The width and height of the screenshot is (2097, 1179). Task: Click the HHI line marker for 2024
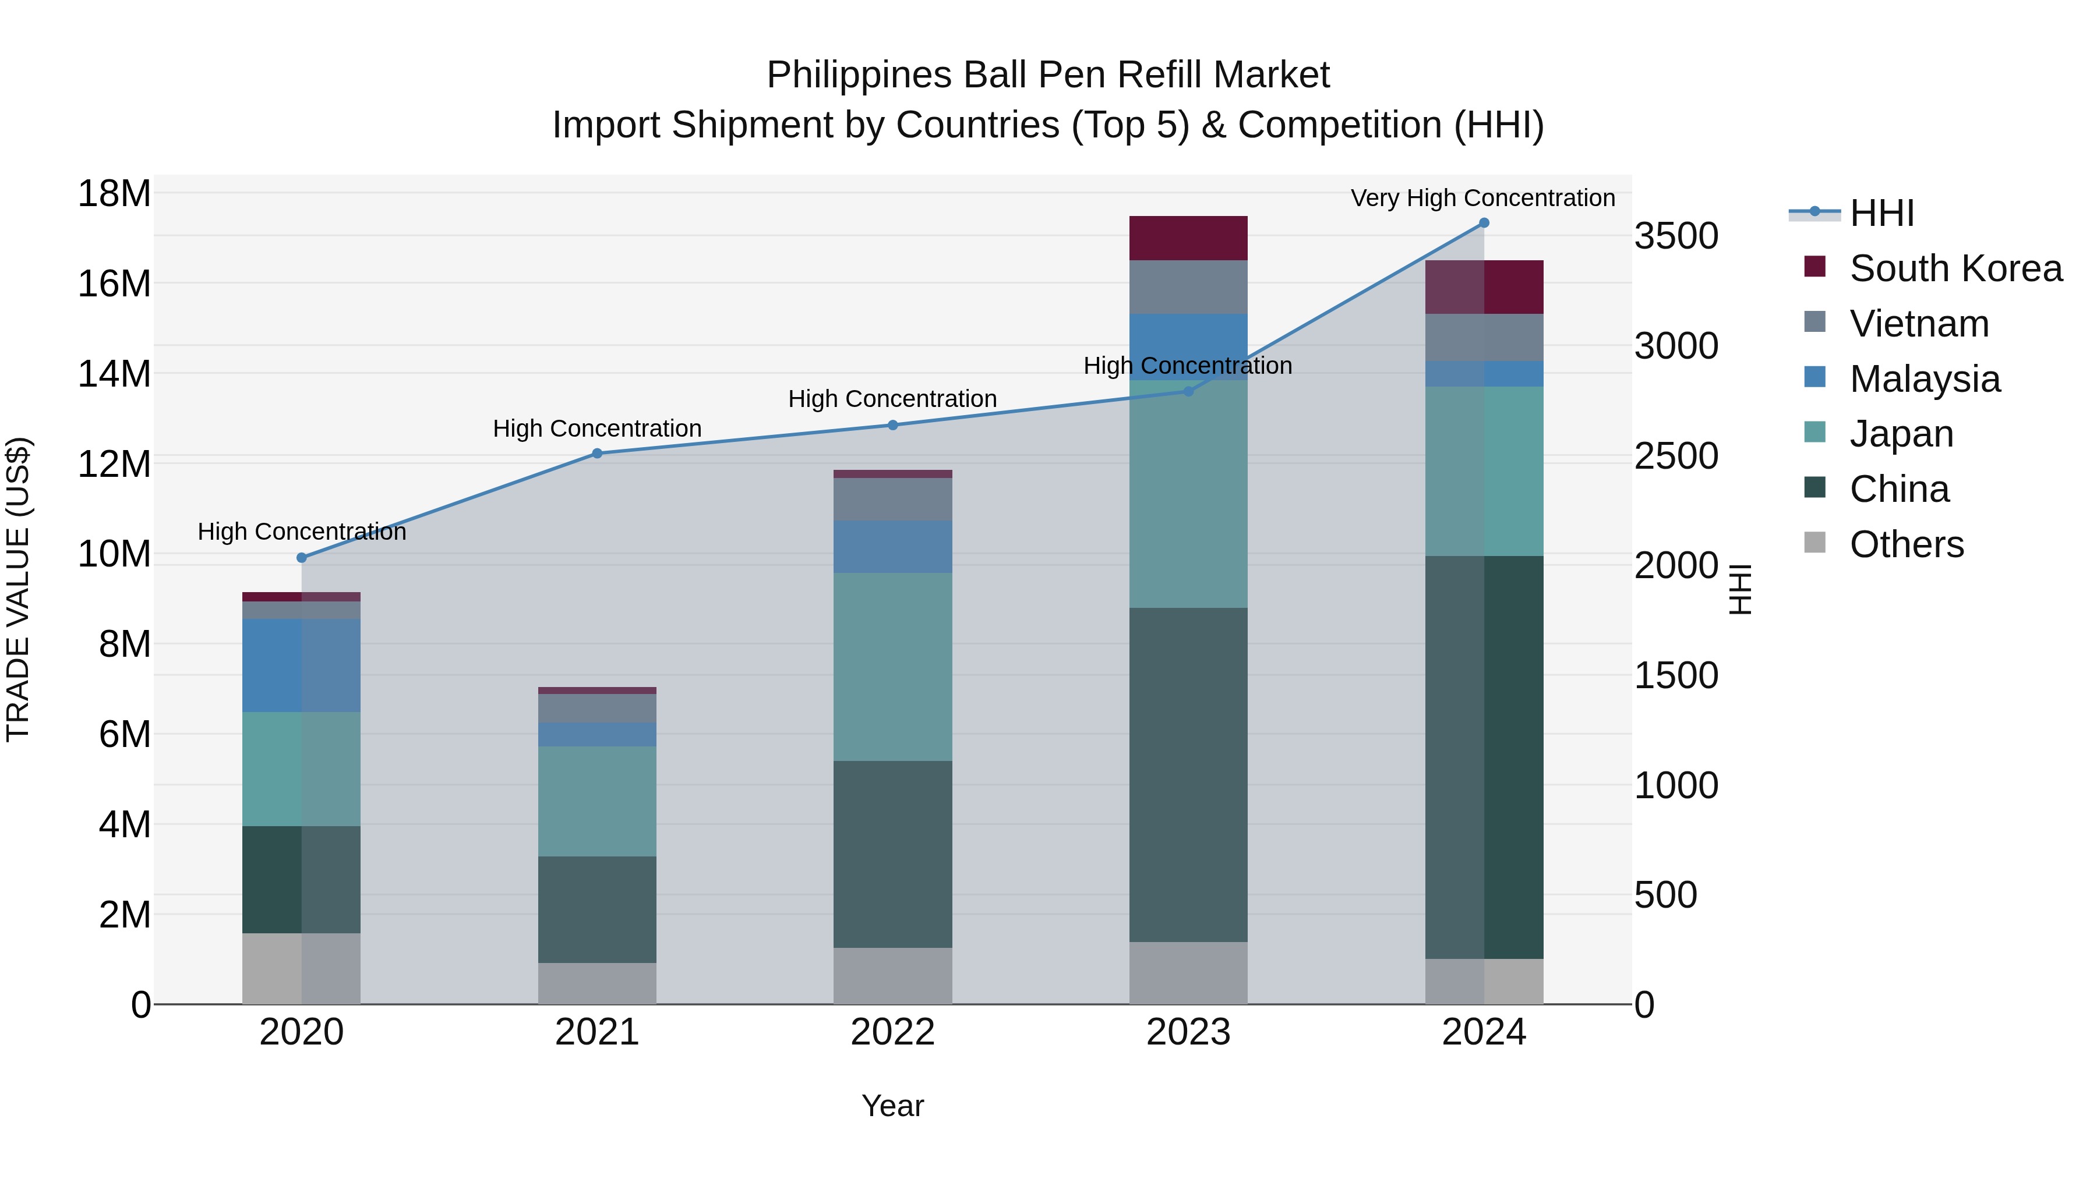click(x=1483, y=223)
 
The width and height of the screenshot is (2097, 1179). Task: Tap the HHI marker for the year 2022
click(x=892, y=425)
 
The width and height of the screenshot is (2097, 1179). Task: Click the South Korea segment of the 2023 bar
click(x=1188, y=238)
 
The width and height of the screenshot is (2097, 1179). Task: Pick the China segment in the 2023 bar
click(x=1188, y=774)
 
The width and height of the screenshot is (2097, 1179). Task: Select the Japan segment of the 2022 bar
click(x=892, y=667)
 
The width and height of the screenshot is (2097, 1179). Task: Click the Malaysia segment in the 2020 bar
click(x=301, y=665)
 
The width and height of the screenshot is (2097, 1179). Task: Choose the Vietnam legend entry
click(x=1919, y=324)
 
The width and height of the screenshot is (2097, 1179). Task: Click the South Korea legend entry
click(x=1955, y=268)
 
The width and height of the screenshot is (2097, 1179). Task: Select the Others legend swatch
click(x=1814, y=543)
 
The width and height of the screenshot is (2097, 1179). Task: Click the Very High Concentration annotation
click(x=1482, y=198)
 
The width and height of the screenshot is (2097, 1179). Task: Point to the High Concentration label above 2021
click(x=596, y=428)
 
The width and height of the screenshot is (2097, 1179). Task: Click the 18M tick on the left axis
click(x=114, y=194)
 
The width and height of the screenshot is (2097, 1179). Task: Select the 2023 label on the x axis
click(x=1188, y=1032)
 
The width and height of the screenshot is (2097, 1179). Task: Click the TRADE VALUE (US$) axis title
click(x=18, y=589)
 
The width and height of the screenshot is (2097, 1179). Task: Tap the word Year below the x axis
click(x=892, y=1106)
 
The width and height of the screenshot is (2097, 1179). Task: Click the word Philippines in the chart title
click(x=859, y=75)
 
